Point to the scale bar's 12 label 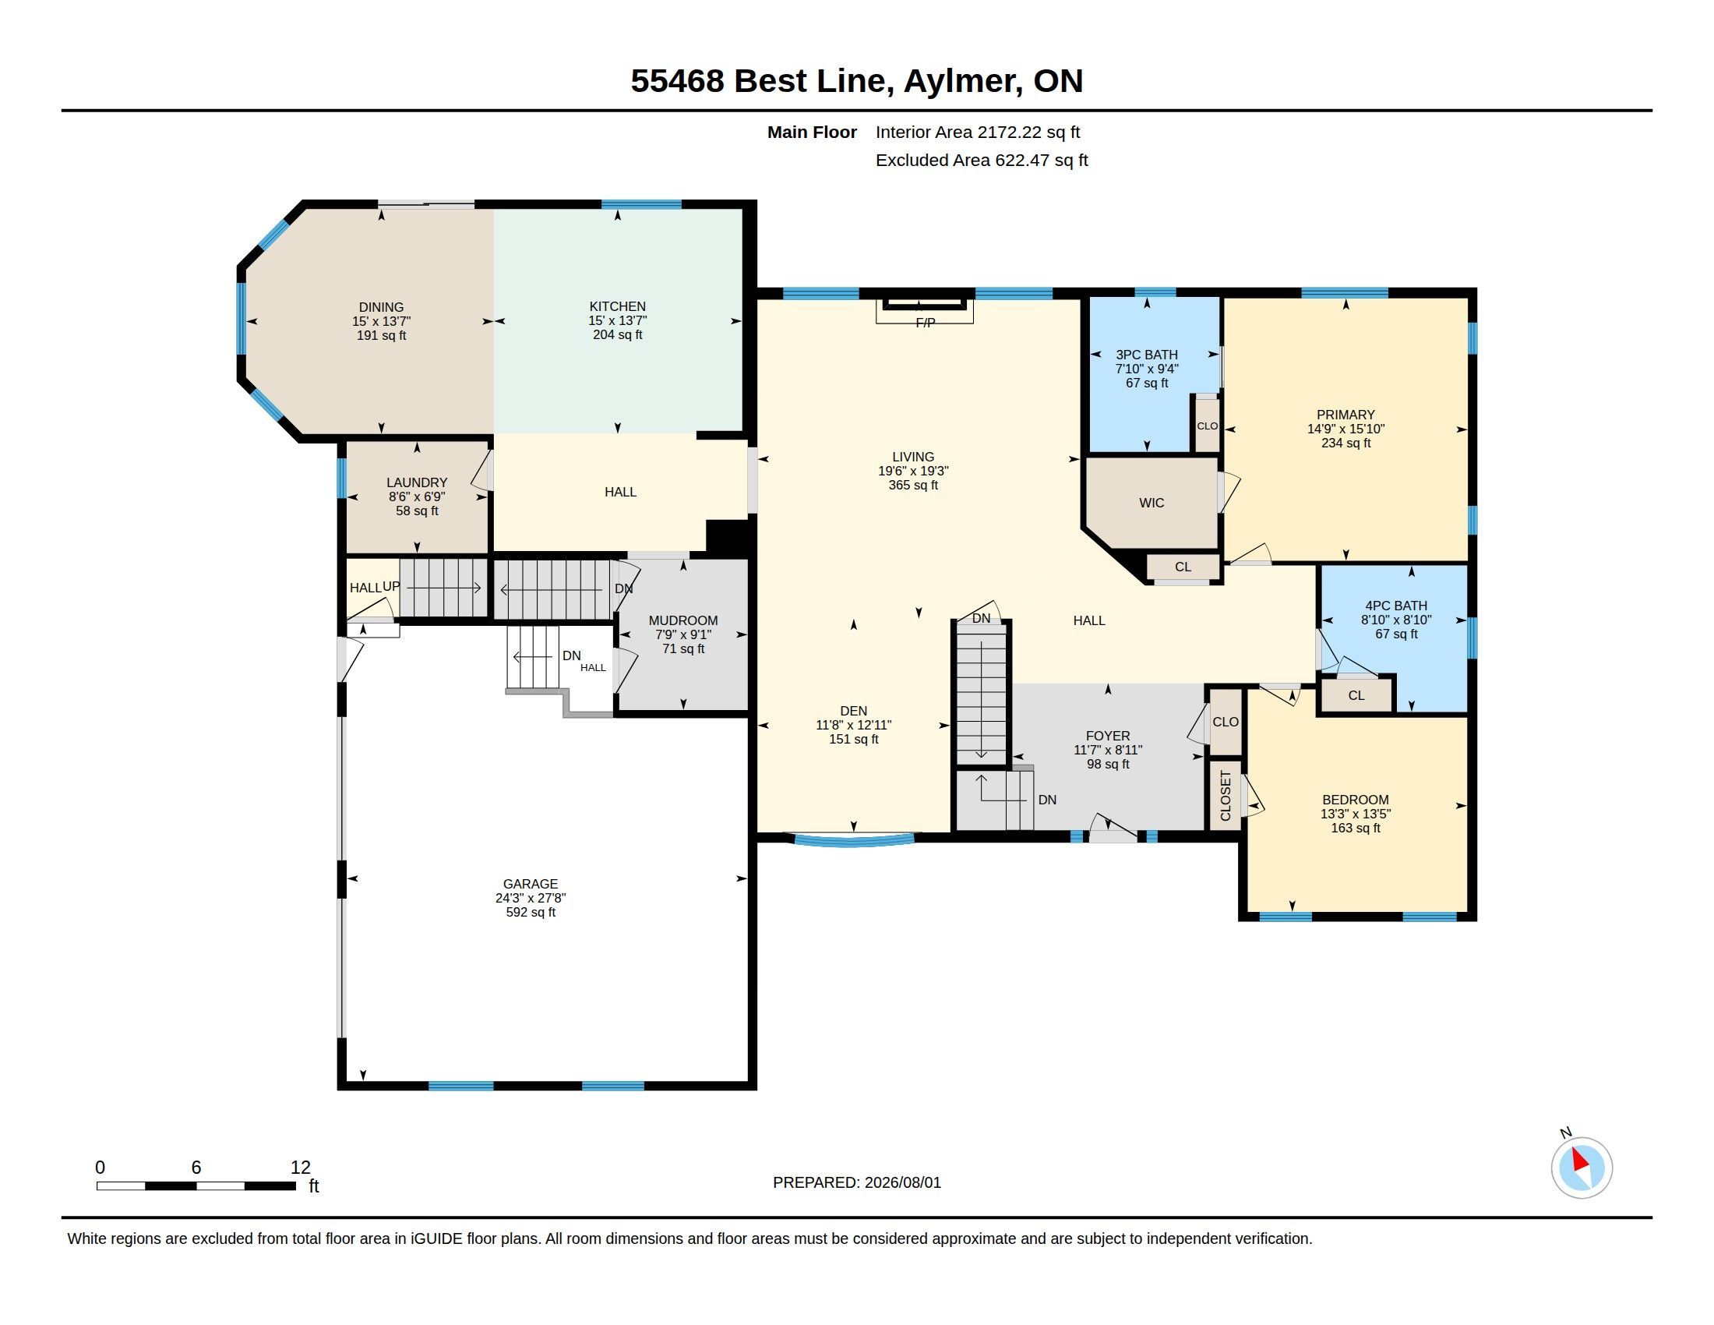[301, 1168]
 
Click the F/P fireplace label [926, 323]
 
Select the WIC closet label [1151, 503]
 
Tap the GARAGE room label [531, 884]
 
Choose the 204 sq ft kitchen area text [618, 335]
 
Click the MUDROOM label [682, 621]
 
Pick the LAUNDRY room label [417, 482]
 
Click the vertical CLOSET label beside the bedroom [1226, 796]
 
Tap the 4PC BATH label [1396, 606]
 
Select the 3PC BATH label [1147, 355]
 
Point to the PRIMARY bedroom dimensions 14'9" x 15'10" [1346, 429]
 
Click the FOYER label [1108, 737]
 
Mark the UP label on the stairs [391, 586]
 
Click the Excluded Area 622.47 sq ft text [982, 161]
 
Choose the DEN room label [854, 711]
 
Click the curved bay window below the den [854, 841]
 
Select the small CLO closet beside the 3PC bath [1207, 426]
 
